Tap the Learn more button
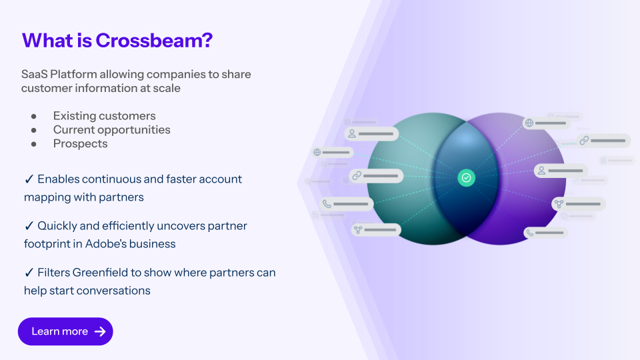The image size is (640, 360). (x=65, y=331)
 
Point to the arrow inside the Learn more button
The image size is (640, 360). (x=101, y=331)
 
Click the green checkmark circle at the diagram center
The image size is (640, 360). (x=467, y=177)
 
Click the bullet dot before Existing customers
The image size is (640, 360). (x=33, y=116)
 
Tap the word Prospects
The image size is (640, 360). (x=80, y=143)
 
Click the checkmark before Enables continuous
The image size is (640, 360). (x=29, y=179)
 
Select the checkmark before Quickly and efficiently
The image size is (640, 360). (x=29, y=226)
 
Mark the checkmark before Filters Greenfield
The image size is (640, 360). (x=29, y=273)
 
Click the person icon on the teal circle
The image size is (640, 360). (x=351, y=134)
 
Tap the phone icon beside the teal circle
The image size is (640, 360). (x=327, y=204)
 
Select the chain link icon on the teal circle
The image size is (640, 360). (x=357, y=176)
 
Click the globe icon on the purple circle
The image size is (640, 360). (x=529, y=123)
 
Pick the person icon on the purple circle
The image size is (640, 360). (x=541, y=171)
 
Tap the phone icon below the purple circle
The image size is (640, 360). (x=529, y=233)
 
